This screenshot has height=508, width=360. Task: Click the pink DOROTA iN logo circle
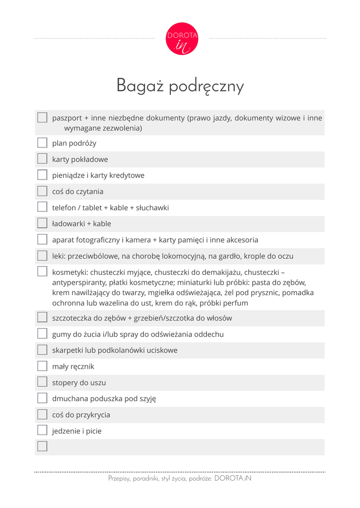coord(182,39)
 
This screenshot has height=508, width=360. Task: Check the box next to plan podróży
coord(42,143)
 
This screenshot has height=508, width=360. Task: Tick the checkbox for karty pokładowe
coord(42,159)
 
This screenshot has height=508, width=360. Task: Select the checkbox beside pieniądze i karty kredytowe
coord(42,175)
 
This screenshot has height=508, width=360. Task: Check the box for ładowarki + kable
coord(42,224)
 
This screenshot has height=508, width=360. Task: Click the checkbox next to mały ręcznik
coord(42,367)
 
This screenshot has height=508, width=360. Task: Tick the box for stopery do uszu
coord(42,382)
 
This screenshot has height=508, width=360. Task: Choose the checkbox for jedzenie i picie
coord(42,431)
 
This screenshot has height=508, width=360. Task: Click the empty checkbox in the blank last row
coord(42,446)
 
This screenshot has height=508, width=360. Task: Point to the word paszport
coord(67,118)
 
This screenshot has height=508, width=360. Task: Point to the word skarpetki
coord(68,350)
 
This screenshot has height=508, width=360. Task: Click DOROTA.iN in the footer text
coord(233,479)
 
